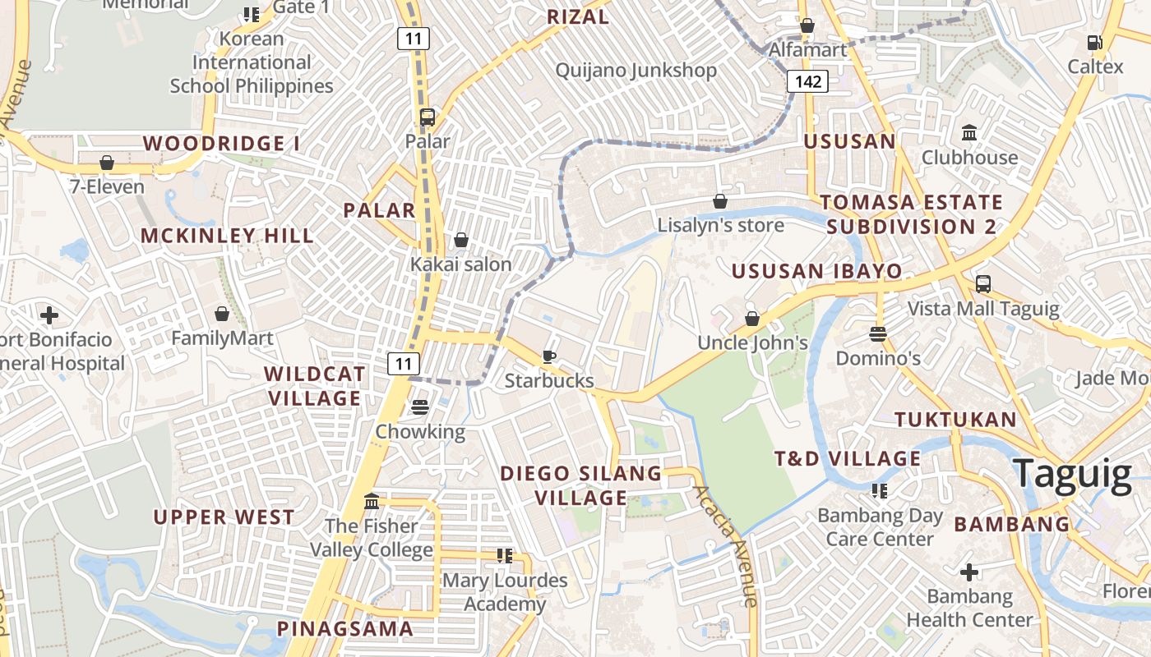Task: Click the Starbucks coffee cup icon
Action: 548,356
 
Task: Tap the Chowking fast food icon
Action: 420,407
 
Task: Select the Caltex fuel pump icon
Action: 1094,43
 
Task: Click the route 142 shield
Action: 807,81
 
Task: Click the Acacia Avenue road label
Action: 724,546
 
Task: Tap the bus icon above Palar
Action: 427,117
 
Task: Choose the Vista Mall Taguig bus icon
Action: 982,285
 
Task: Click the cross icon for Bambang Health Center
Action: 969,572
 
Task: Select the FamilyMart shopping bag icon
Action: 221,314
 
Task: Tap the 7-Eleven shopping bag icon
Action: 106,163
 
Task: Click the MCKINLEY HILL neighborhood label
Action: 226,237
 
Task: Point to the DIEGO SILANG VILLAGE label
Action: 581,485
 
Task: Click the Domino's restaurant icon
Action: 878,334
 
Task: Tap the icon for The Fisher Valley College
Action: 371,501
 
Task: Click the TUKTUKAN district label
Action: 955,420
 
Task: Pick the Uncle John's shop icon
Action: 751,319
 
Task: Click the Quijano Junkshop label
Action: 636,71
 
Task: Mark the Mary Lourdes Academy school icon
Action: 504,556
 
